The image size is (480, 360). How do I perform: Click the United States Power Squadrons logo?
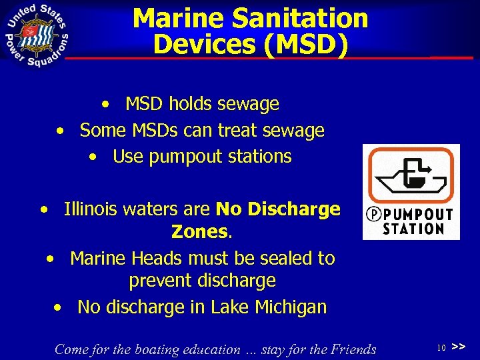point(37,33)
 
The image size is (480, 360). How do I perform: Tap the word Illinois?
point(90,209)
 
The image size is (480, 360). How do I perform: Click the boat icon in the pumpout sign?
point(410,176)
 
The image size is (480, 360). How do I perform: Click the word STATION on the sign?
point(413,229)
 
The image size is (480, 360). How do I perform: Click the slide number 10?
point(441,348)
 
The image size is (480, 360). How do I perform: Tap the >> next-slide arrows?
point(458,347)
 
